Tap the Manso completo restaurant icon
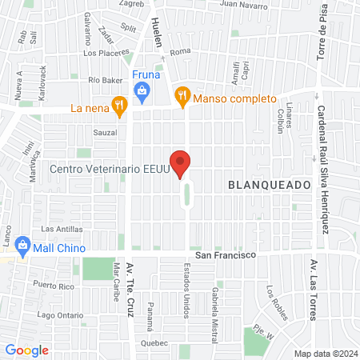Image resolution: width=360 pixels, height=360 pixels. pos(182,96)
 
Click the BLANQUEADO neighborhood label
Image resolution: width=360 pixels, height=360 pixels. pos(269,185)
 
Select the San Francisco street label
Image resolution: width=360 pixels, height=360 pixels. pos(226,254)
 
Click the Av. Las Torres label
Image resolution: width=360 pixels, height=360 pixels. pos(313,290)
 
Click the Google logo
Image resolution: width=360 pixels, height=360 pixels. pos(27,350)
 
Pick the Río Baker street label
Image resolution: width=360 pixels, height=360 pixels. pos(105,79)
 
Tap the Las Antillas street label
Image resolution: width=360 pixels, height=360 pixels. pos(57,229)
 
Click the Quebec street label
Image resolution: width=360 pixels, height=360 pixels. pos(154,342)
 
